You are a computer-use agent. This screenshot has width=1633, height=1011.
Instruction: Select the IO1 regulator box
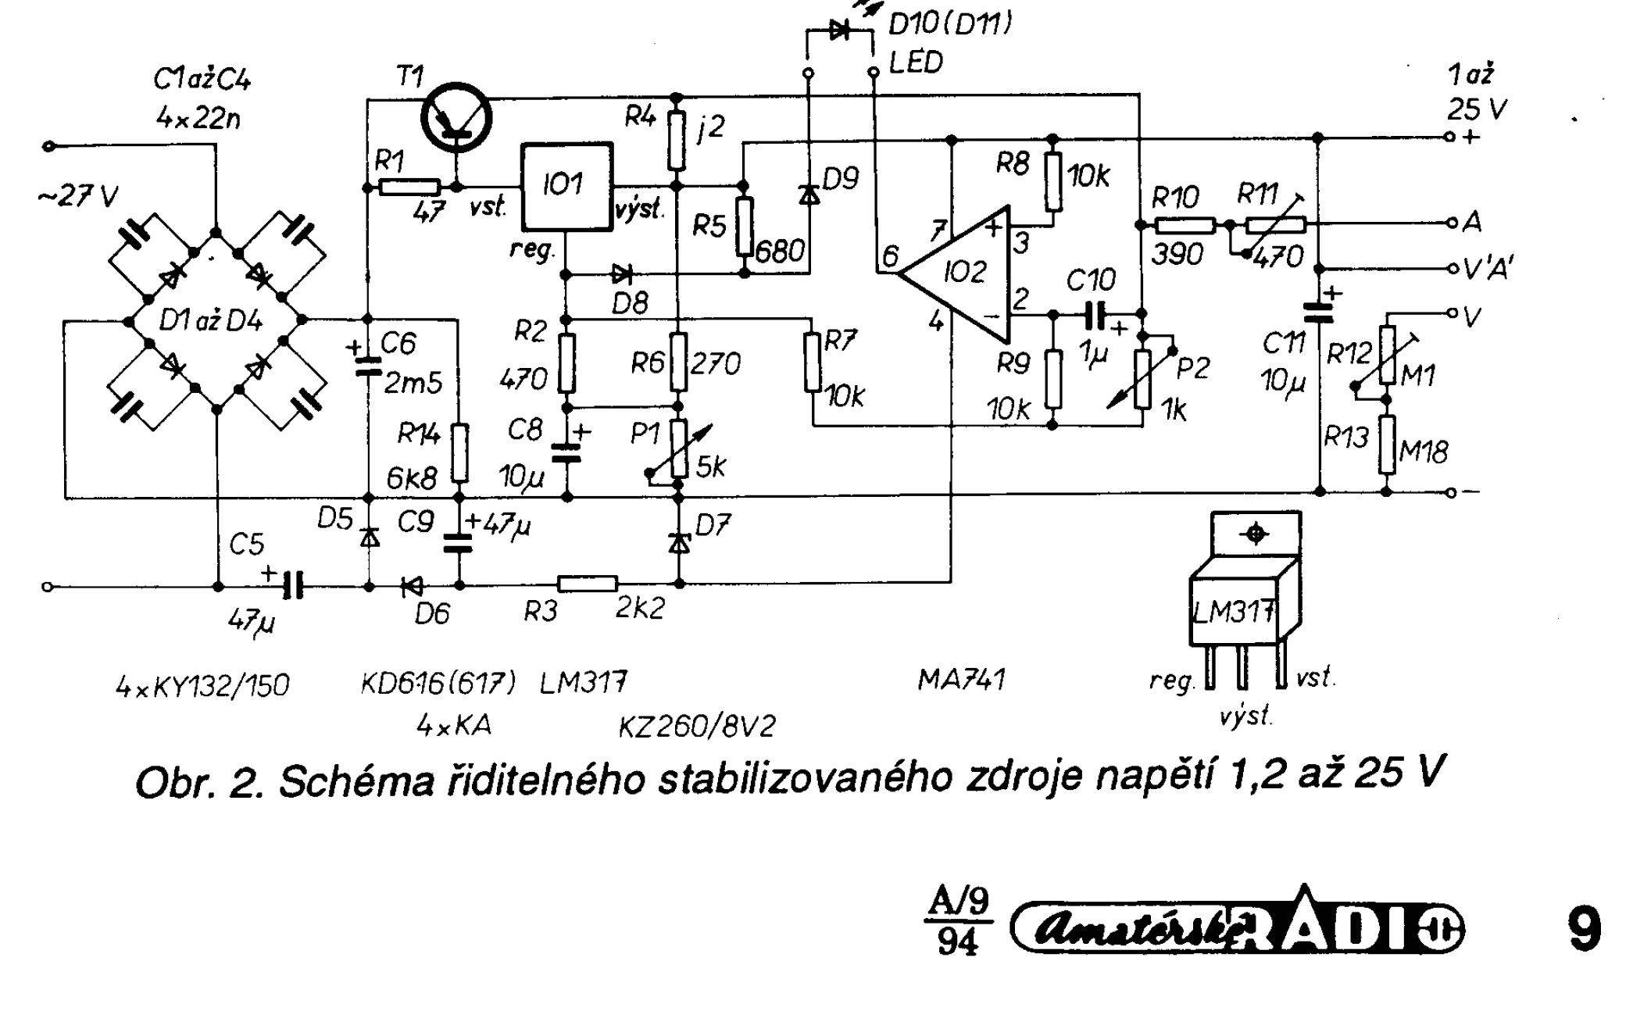click(x=566, y=186)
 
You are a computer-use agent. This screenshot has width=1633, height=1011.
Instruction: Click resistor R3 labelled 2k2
click(x=588, y=584)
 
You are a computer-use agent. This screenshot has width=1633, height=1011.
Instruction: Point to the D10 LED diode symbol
click(x=840, y=31)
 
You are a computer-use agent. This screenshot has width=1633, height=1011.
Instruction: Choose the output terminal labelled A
click(x=1452, y=223)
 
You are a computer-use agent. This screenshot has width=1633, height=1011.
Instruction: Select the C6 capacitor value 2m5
click(x=413, y=383)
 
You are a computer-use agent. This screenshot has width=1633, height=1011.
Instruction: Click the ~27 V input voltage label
click(x=78, y=196)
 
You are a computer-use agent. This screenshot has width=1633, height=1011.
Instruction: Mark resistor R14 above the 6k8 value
click(x=460, y=452)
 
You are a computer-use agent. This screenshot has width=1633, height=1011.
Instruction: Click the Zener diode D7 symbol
click(x=680, y=541)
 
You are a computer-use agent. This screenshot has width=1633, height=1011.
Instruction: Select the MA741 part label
click(x=961, y=680)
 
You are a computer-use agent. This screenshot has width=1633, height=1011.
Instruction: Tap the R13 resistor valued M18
click(x=1387, y=445)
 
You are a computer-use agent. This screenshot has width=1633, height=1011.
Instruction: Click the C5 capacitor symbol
click(x=293, y=585)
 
